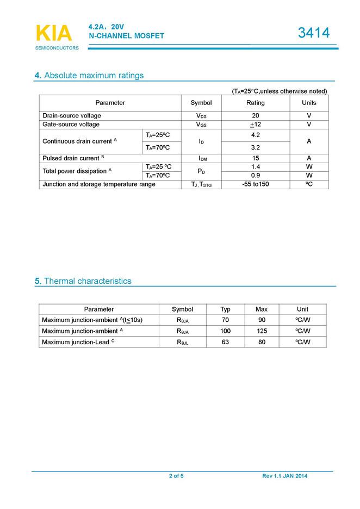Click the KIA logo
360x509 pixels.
pos(53,34)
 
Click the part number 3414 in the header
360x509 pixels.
pos(314,33)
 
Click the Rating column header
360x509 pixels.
pos(255,103)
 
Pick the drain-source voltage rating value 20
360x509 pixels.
pos(255,116)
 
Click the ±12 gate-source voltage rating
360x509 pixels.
pos(255,125)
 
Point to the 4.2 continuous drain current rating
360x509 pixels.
pos(255,135)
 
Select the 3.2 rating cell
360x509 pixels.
pos(255,147)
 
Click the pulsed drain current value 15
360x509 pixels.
pos(255,158)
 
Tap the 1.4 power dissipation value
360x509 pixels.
pos(255,166)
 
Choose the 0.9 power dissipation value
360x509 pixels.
pos(255,176)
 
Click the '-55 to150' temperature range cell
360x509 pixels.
pos(255,184)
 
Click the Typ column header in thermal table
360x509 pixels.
pos(225,309)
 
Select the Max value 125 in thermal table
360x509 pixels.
pos(261,331)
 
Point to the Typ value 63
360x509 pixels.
pos(225,342)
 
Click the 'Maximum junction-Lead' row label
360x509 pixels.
pos(78,342)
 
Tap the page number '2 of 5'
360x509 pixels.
pos(176,476)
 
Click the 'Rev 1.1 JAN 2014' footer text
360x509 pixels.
pos(284,476)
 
